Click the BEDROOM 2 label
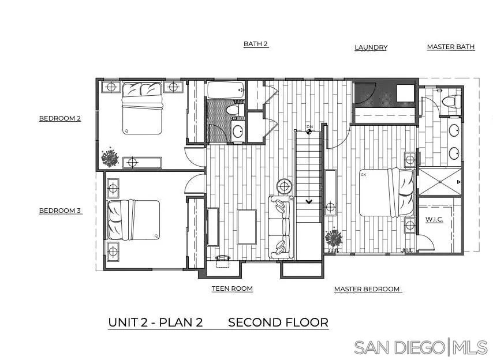point(59,119)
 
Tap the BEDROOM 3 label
point(59,211)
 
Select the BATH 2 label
point(256,44)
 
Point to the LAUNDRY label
point(371,47)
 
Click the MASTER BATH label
point(451,47)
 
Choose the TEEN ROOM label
point(232,288)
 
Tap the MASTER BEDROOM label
point(367,289)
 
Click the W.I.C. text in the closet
point(434,220)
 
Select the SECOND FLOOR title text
point(278,322)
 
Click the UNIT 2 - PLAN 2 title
point(155,322)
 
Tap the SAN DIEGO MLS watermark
point(421,347)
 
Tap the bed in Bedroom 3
point(133,219)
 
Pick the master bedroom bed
point(386,192)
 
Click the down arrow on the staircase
point(309,201)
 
